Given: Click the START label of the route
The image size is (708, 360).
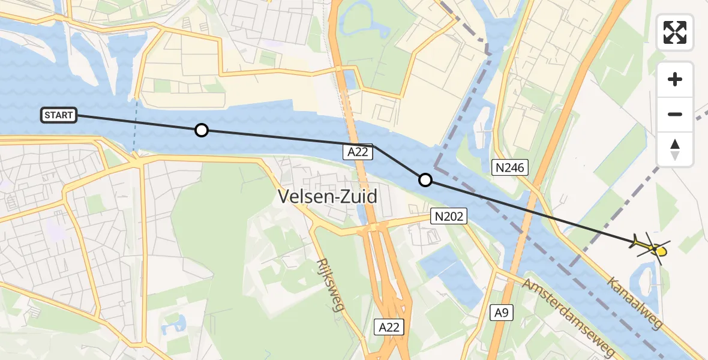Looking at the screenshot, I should (x=59, y=115).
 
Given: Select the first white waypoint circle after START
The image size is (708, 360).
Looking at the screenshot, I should (x=202, y=130).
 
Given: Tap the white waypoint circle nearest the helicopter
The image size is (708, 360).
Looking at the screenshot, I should (x=425, y=179).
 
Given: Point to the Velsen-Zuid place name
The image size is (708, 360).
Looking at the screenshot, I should (x=328, y=196).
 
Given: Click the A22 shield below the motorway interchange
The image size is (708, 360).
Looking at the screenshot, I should (x=389, y=327).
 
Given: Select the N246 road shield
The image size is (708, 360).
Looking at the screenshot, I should (x=510, y=169).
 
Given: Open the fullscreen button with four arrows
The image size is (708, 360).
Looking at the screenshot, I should (x=675, y=32).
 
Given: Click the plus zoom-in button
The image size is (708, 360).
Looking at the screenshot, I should (x=675, y=79).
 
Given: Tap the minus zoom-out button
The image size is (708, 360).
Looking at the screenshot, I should (x=675, y=114).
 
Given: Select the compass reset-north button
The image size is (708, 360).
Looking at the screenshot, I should (x=675, y=149).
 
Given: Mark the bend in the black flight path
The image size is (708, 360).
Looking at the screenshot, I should (x=374, y=145).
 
